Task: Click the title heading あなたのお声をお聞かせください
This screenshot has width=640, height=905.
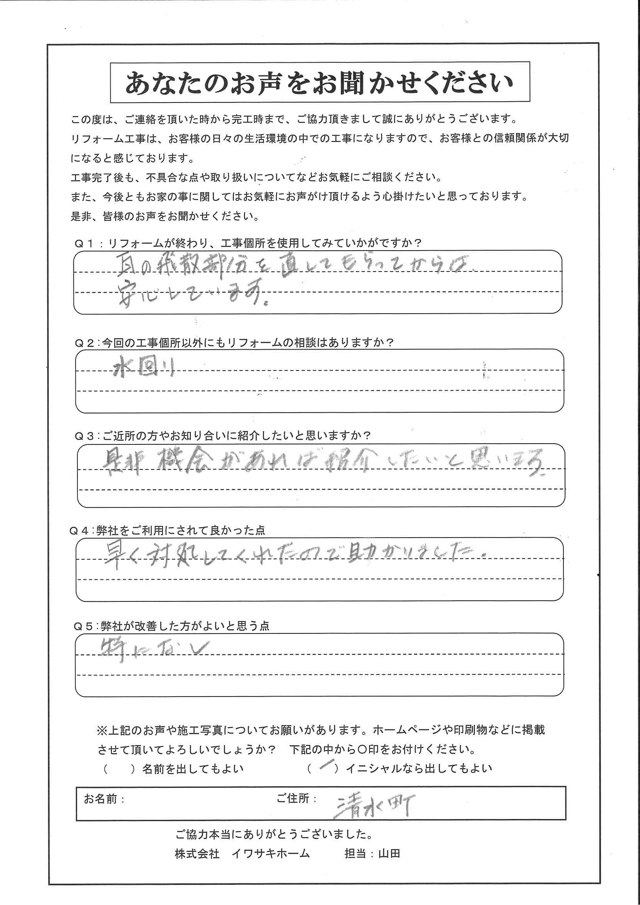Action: pyautogui.click(x=319, y=82)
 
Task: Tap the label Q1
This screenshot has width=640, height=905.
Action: pyautogui.click(x=84, y=243)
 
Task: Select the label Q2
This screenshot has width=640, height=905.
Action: pyautogui.click(x=84, y=343)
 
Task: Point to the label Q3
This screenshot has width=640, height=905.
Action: pyautogui.click(x=84, y=436)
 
